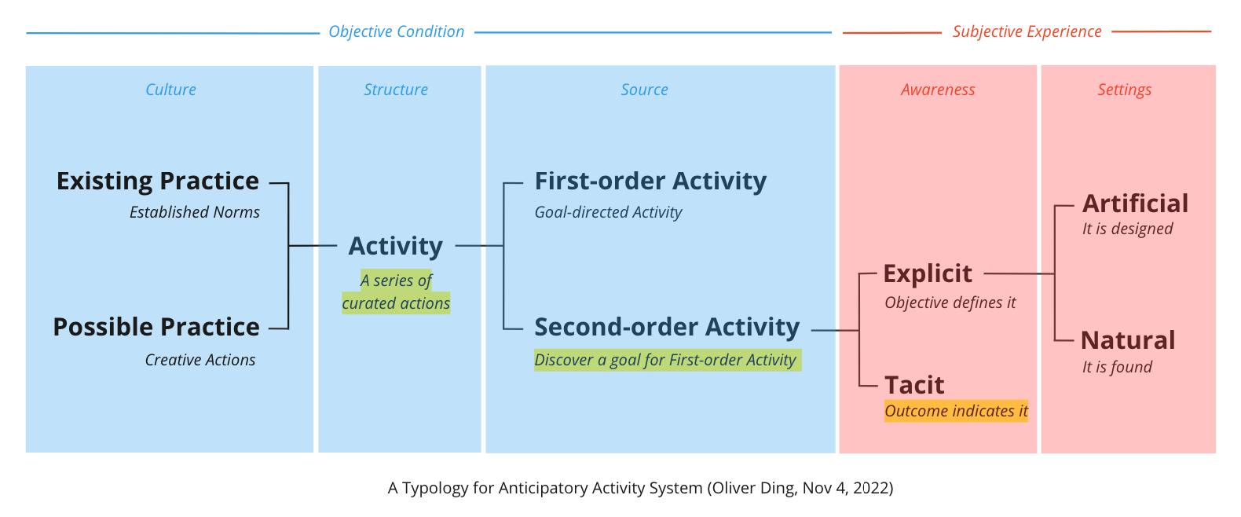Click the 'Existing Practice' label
coord(157,181)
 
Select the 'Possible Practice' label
coord(156,327)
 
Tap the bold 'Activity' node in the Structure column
coord(396,247)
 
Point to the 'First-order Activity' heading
coord(650,181)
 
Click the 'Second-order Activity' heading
coord(667,327)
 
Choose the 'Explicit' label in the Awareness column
coord(928,273)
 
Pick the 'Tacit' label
coord(914,385)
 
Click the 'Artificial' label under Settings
coord(1135,203)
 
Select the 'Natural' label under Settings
coord(1128,340)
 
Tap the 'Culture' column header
coord(170,90)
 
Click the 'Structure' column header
coord(396,90)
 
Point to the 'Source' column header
coord(644,90)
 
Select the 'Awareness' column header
coord(938,90)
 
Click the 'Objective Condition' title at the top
coord(397,31)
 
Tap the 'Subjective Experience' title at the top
coord(1027,31)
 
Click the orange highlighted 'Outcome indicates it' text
coord(956,411)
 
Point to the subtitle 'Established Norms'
coord(194,212)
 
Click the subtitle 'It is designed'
coord(1127,229)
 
